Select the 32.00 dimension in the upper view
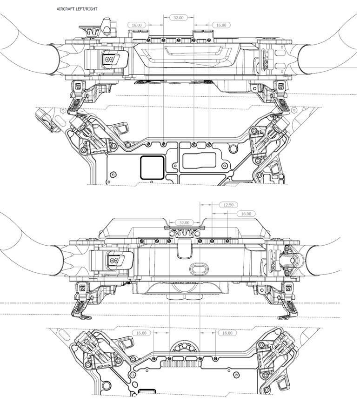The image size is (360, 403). [x=178, y=17]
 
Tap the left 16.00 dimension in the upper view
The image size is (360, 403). [x=137, y=25]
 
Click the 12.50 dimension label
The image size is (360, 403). [x=228, y=205]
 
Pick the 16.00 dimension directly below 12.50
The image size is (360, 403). [x=245, y=214]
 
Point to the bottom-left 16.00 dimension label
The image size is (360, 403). [x=141, y=333]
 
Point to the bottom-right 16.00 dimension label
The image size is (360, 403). [x=227, y=333]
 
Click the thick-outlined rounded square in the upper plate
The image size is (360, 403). [x=152, y=167]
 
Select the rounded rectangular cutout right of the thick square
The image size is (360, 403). [x=199, y=161]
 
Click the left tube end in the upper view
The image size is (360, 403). [x=55, y=59]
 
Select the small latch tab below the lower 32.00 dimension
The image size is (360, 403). [x=185, y=250]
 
